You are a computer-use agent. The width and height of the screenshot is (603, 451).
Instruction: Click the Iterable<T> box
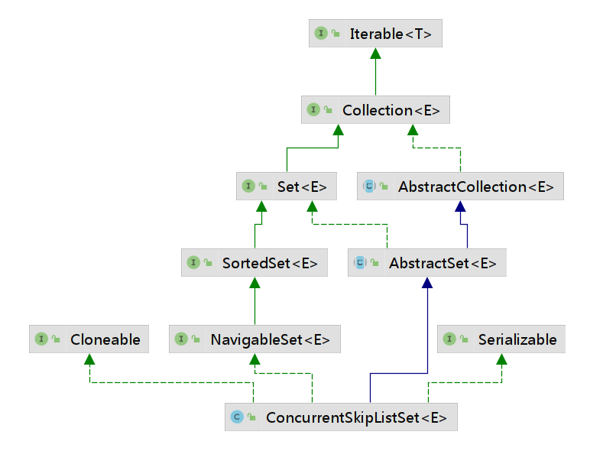click(x=375, y=34)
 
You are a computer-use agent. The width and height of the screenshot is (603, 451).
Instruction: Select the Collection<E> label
click(x=391, y=110)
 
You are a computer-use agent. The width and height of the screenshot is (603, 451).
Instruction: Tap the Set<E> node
click(x=287, y=187)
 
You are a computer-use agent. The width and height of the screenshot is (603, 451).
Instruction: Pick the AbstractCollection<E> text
click(x=475, y=187)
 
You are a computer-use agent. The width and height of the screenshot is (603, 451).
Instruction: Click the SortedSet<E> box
click(x=254, y=263)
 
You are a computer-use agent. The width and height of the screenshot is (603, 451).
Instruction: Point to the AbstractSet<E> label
click(x=443, y=264)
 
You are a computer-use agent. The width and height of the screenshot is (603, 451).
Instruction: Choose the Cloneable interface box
click(x=89, y=339)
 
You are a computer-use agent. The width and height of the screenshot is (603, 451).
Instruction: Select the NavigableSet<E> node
click(x=254, y=339)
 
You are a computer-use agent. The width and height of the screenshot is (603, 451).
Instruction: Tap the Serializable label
click(x=517, y=339)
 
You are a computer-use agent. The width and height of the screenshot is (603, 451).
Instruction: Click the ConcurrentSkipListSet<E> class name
click(x=356, y=417)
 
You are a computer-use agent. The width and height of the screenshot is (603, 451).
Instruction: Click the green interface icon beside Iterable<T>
click(x=321, y=33)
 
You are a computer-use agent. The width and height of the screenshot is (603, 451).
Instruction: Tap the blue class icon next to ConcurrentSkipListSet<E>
click(x=237, y=417)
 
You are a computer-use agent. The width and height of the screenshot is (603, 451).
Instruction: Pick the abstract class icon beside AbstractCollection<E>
click(x=369, y=186)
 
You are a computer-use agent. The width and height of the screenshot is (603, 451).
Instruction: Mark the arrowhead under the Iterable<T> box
click(x=376, y=53)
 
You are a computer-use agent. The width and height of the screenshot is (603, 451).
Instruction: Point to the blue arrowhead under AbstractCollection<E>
click(x=460, y=206)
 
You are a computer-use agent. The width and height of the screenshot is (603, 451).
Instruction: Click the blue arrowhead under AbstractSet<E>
click(x=427, y=283)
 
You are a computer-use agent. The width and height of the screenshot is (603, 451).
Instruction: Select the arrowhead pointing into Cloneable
click(x=89, y=359)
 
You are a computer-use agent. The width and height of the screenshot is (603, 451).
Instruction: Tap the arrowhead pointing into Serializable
click(x=501, y=359)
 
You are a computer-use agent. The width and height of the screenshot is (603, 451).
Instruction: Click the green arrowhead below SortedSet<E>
click(x=254, y=283)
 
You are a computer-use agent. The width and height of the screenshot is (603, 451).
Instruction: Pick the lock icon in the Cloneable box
click(x=56, y=339)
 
